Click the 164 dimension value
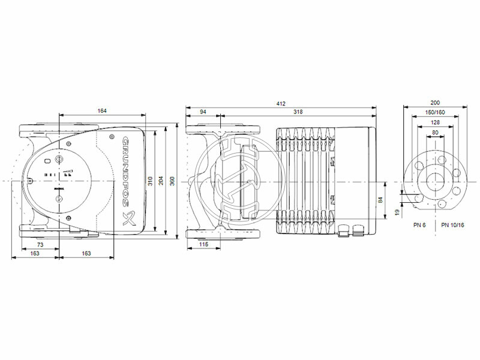point(103,110)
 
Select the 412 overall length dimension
point(280,103)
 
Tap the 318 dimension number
point(298,112)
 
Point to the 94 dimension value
point(203,112)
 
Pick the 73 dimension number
point(40,245)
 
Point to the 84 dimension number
point(380,200)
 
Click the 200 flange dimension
point(435,103)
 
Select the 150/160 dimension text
point(435,112)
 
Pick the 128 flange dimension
point(435,122)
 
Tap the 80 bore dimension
point(435,133)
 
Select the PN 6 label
point(420,224)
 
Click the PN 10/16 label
point(452,224)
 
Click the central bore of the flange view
point(435,181)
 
